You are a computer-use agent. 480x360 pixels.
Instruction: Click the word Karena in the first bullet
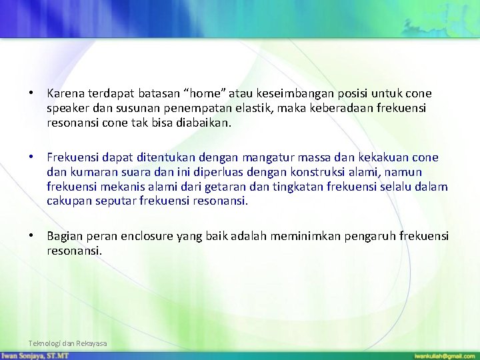[65, 93]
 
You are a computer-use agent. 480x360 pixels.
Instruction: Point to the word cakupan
[69, 200]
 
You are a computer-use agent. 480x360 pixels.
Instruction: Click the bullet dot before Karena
[31, 94]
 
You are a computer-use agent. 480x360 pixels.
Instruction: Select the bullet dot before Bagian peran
[31, 237]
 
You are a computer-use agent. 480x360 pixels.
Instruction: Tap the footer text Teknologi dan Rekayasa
[67, 343]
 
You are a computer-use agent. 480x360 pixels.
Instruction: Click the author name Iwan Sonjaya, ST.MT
[35, 355]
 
